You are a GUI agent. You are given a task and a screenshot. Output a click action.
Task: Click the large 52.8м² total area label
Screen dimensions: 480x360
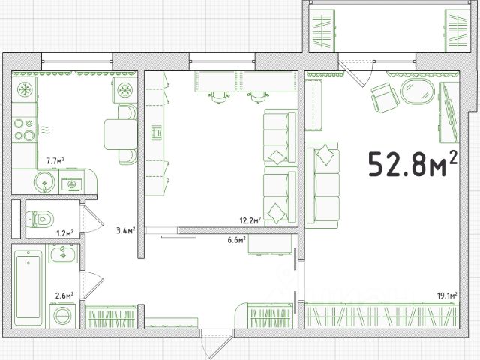[x=413, y=163]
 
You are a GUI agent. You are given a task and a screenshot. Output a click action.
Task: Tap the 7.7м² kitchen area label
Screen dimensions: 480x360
[x=55, y=160]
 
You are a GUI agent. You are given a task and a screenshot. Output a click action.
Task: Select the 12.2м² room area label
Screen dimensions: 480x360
[x=250, y=220]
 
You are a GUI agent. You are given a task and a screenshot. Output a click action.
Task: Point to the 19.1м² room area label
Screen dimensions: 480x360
[x=447, y=295]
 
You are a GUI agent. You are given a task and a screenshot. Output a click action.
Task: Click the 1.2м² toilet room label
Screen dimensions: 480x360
[x=65, y=233]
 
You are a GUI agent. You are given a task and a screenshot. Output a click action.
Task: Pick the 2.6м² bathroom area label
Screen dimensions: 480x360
[x=64, y=295]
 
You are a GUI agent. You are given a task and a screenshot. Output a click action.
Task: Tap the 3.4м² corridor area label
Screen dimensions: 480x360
[x=125, y=230]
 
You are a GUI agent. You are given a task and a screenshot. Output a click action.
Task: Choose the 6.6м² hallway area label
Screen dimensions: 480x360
[x=237, y=240]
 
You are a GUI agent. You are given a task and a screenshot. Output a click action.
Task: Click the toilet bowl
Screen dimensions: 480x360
[x=40, y=219]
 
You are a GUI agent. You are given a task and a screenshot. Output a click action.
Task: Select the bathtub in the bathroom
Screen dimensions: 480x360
[x=28, y=288]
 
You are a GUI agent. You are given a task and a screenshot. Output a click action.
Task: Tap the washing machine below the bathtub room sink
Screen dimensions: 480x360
[x=62, y=315]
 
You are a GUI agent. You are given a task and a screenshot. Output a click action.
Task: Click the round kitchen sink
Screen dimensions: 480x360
[x=45, y=183]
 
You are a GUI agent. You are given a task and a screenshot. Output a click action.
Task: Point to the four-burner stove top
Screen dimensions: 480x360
[x=25, y=130]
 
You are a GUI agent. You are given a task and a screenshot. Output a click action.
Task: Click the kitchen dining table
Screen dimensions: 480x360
[x=121, y=134]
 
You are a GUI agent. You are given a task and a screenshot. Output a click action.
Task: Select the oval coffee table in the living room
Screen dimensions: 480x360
[x=417, y=91]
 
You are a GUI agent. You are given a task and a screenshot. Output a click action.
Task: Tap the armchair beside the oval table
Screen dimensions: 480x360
[x=385, y=97]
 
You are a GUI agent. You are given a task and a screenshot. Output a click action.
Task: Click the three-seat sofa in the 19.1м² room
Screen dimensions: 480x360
[x=323, y=185]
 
